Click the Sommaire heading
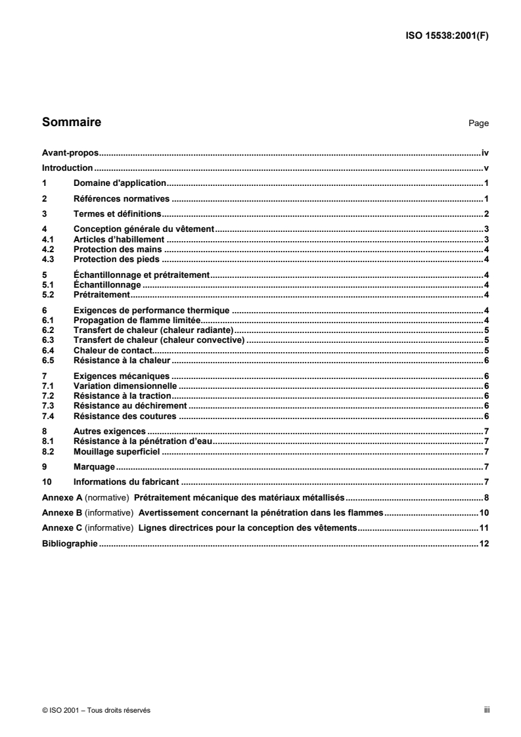click(x=72, y=122)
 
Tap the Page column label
click(x=478, y=123)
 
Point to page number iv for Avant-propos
click(x=485, y=152)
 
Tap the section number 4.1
click(x=47, y=239)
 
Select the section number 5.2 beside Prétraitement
click(x=47, y=295)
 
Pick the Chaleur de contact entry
click(x=113, y=350)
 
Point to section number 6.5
click(x=47, y=361)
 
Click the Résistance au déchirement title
click(x=130, y=406)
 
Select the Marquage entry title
click(x=95, y=467)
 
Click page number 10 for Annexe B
click(x=483, y=512)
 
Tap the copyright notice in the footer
click(x=96, y=710)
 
